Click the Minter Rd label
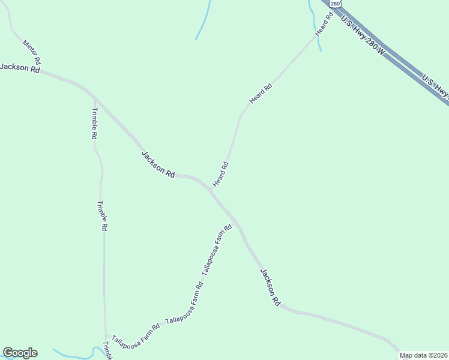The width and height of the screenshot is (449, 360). (31, 52)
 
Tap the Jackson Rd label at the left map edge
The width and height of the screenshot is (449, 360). (20, 68)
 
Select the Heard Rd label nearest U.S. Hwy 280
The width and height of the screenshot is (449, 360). (324, 24)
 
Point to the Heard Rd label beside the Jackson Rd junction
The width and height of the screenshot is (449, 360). (220, 174)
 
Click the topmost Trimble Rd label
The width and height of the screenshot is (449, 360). (94, 124)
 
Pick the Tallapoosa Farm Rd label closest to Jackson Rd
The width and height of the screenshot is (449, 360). (217, 250)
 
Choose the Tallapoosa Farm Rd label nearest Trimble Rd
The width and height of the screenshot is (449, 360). (136, 331)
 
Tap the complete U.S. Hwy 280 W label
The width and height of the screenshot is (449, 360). (363, 36)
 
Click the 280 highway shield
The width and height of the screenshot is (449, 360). (334, 4)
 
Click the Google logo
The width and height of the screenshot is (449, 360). (20, 353)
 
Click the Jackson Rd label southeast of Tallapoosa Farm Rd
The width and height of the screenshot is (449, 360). (270, 288)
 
